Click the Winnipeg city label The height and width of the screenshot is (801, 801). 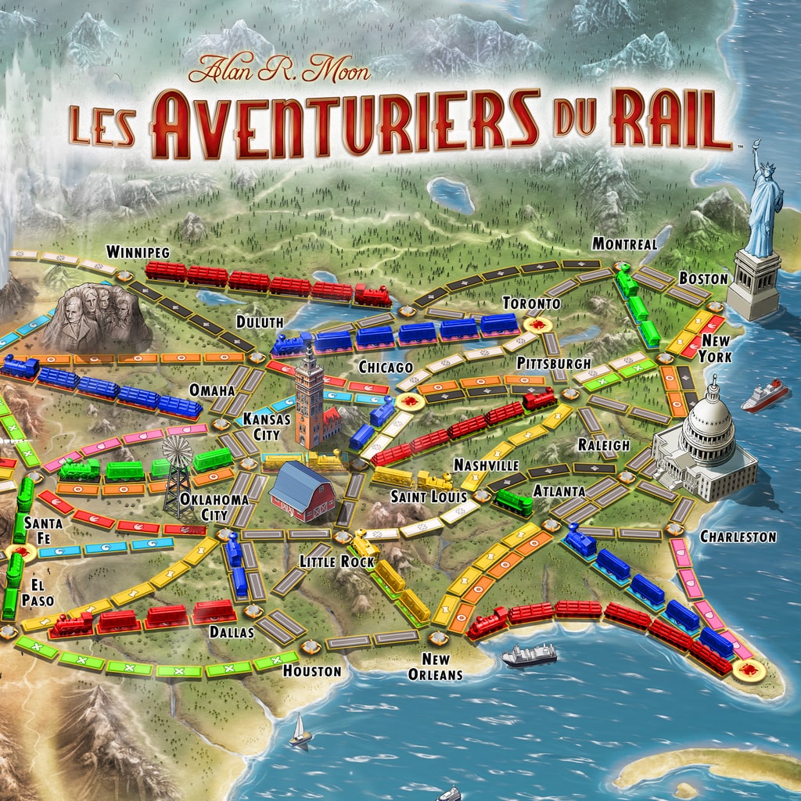tap(138, 252)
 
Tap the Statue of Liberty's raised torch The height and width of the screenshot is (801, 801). tap(756, 145)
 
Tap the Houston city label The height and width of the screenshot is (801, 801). tap(312, 671)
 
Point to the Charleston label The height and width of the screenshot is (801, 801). tap(738, 537)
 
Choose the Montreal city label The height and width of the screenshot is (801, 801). tap(623, 244)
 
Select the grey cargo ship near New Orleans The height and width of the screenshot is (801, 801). tap(529, 654)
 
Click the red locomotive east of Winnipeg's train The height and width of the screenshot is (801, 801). tap(373, 295)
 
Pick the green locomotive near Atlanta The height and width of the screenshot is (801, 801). tap(513, 501)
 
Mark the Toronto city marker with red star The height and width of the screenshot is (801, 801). tap(537, 324)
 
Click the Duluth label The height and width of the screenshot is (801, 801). tap(259, 321)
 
